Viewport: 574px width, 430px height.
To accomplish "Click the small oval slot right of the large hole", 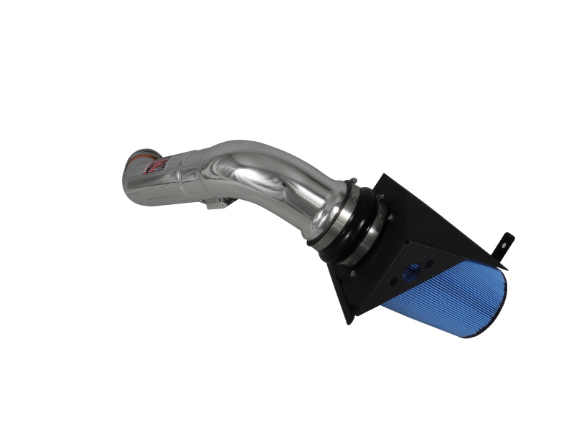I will pyautogui.click(x=429, y=264).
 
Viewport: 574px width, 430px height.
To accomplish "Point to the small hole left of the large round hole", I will pyautogui.click(x=392, y=282).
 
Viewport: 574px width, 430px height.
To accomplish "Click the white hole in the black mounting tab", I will pyautogui.click(x=507, y=239).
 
